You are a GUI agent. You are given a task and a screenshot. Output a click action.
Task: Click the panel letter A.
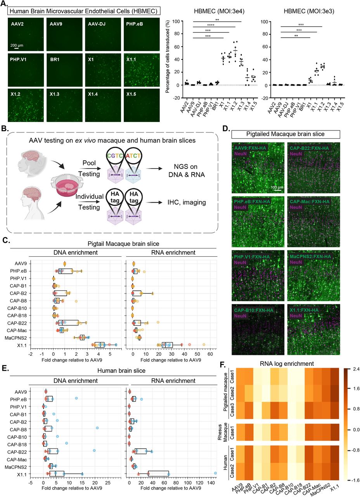click(5, 5)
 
